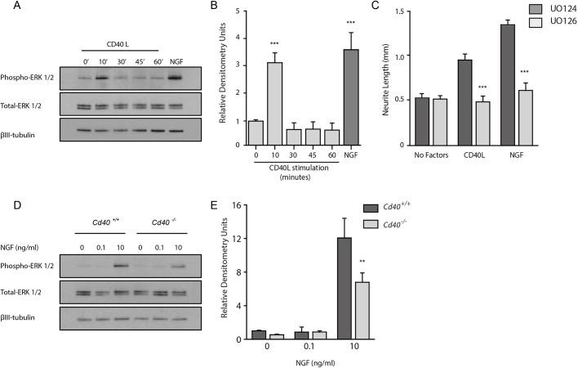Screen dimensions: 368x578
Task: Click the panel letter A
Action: click(7, 7)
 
